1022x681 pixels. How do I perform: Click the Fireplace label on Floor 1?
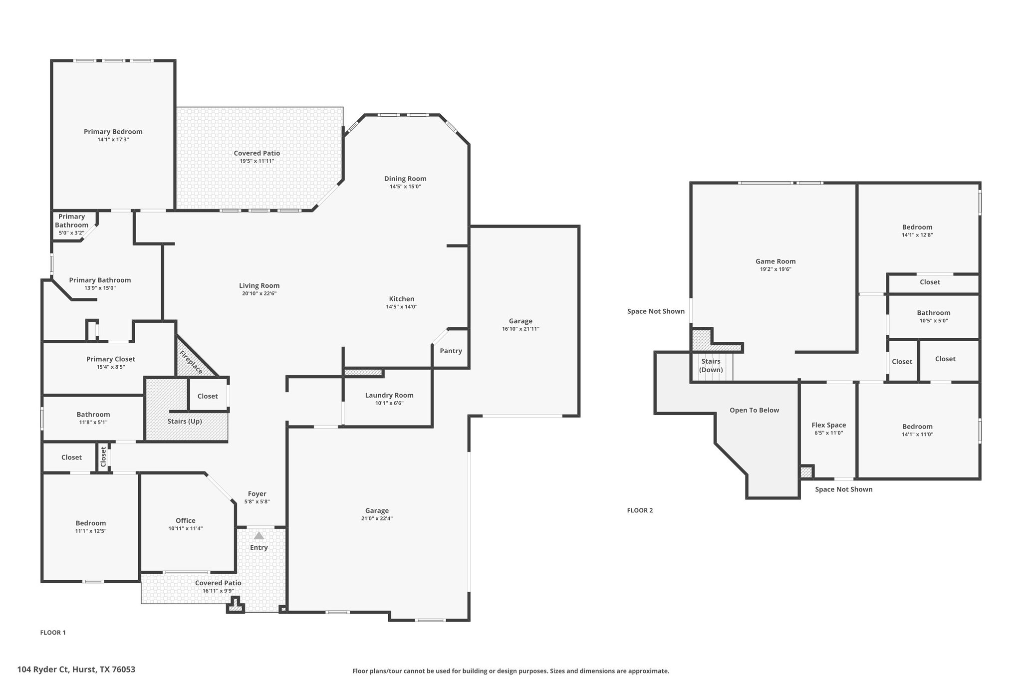coord(191,363)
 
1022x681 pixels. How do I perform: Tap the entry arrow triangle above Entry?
coord(258,536)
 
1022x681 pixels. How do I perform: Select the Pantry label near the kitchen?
coord(451,351)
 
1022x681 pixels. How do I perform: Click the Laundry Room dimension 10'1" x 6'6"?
coord(389,403)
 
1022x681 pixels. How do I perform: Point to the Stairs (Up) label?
coord(185,421)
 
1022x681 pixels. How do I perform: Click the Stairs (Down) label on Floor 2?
coord(711,365)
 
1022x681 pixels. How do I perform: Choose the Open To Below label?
coord(754,410)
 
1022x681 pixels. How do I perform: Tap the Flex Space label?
coord(829,425)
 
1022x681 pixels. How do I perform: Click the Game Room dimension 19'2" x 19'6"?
coord(775,269)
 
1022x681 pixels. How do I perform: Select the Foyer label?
coord(257,494)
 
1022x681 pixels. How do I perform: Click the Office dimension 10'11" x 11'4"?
coord(186,528)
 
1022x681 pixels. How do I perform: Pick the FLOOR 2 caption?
coord(640,510)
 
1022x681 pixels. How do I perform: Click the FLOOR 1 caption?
coord(53,633)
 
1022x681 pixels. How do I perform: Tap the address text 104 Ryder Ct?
coord(44,670)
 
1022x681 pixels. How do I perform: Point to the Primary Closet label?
coord(111,359)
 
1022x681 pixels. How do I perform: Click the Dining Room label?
coord(405,179)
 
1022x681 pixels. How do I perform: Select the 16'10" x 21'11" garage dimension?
coord(520,329)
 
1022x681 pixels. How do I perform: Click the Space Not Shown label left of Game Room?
coord(656,311)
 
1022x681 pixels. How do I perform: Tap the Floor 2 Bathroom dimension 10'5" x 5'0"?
coord(934,321)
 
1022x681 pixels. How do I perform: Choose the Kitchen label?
coord(402,299)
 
